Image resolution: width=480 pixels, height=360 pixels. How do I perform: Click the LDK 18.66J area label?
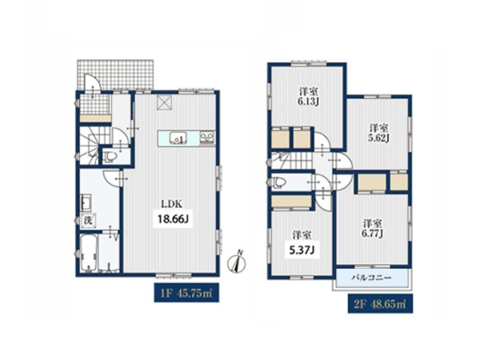coord(173,213)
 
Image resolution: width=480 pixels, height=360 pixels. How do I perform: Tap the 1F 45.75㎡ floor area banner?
coord(186,293)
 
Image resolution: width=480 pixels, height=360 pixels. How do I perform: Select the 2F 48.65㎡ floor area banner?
coord(380,304)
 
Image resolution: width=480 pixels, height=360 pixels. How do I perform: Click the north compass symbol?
coord(238,262)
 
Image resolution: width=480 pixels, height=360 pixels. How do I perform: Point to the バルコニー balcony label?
coord(372,278)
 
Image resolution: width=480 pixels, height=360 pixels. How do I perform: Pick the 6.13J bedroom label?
coord(308,97)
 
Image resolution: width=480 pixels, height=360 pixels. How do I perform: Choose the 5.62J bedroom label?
coord(378,133)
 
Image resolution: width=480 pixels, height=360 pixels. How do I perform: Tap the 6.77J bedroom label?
coord(373,229)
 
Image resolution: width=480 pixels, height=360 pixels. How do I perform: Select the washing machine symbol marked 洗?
coord(89,221)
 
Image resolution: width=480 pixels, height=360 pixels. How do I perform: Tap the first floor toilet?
coord(110,157)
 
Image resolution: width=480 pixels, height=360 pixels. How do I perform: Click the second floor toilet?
coord(277,182)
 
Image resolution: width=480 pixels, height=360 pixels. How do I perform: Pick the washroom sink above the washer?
coord(86,202)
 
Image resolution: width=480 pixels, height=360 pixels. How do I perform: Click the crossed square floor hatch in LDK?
coord(165,102)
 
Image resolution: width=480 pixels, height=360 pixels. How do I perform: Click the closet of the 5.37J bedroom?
coord(291,202)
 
